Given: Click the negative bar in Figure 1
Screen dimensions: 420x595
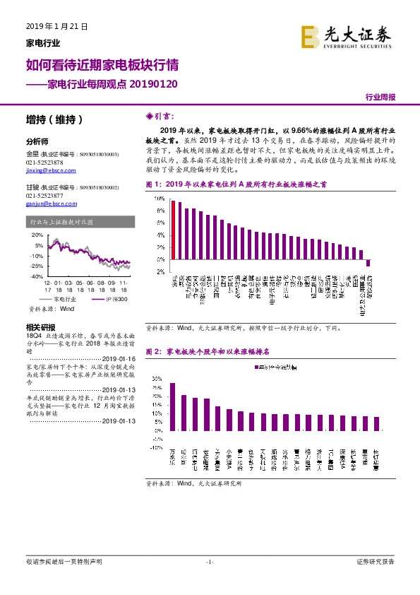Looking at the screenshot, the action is (368, 263).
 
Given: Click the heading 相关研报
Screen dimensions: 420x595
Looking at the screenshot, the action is (40, 327).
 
